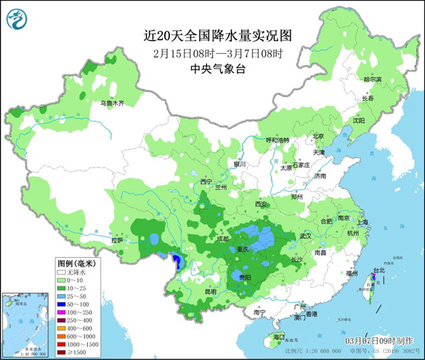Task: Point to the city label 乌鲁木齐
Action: pyautogui.click(x=111, y=103)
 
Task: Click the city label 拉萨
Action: pyautogui.click(x=118, y=240)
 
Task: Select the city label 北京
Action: pyautogui.click(x=318, y=136)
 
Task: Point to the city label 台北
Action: pyautogui.click(x=380, y=270)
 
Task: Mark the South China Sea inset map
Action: pyautogui.click(x=26, y=326)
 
